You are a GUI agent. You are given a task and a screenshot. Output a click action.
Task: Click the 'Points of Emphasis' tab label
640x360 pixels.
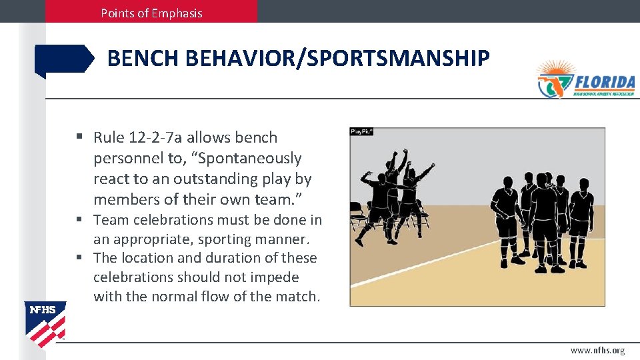point(151,13)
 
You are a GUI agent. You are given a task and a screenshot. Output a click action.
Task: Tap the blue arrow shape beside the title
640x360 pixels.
point(65,59)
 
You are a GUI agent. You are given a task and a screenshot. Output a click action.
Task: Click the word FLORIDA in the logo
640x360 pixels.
point(604,82)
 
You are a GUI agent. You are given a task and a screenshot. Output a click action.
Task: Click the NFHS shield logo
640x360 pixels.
point(45,324)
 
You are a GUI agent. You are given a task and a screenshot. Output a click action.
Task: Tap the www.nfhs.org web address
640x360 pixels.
point(597,351)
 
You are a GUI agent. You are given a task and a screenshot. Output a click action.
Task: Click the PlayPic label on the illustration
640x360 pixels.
point(361,132)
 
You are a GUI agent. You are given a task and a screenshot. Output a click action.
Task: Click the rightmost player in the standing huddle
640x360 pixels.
point(581,220)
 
